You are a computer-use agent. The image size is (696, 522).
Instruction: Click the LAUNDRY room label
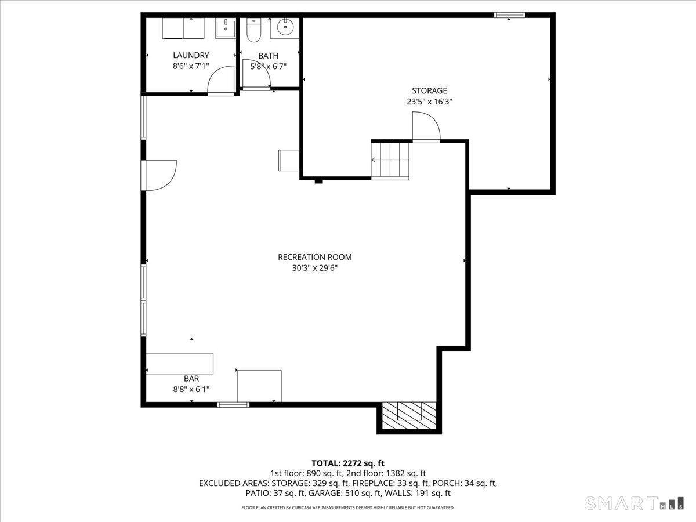[190, 55]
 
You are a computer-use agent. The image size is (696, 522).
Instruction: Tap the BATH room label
[268, 56]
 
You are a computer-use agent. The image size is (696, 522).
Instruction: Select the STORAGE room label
[429, 90]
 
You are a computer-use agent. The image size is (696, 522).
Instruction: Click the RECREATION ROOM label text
[314, 257]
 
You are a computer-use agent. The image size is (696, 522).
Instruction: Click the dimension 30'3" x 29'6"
[314, 268]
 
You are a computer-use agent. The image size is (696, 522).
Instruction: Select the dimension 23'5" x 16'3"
[429, 101]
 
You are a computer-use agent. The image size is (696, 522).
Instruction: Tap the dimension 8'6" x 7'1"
[190, 66]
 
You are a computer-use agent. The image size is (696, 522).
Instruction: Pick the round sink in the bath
[284, 27]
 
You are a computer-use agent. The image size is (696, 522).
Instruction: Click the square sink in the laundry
[225, 28]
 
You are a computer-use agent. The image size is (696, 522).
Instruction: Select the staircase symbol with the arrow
[390, 160]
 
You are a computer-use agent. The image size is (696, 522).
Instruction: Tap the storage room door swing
[426, 126]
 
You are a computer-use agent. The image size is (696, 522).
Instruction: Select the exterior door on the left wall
[158, 175]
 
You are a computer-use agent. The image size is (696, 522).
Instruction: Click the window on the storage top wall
[509, 15]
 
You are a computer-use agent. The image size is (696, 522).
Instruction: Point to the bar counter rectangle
[180, 363]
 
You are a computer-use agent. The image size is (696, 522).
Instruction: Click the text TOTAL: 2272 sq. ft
[348, 463]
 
